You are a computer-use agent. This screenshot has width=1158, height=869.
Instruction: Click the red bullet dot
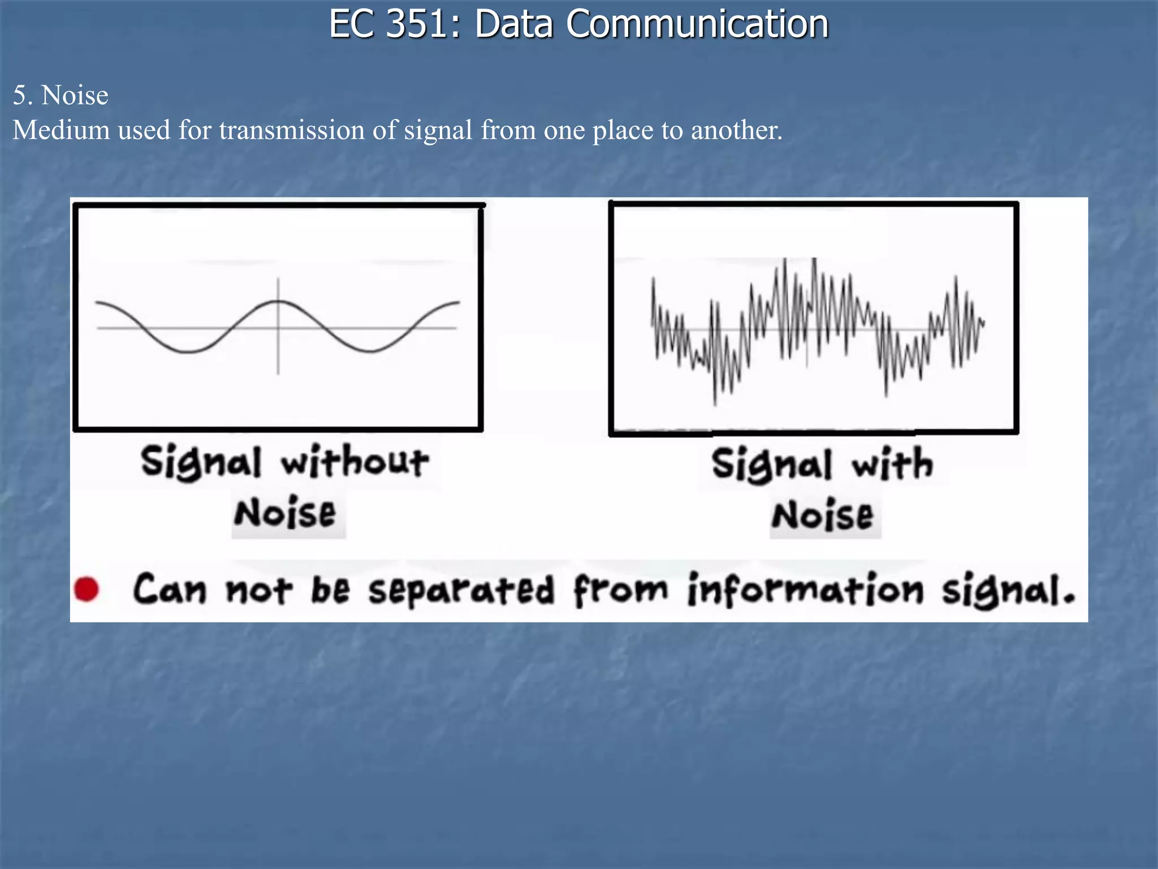87,589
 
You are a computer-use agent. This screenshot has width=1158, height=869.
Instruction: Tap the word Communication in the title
697,24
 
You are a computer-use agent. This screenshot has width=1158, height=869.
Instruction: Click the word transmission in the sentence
292,131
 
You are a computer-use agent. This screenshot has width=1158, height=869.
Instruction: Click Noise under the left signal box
285,513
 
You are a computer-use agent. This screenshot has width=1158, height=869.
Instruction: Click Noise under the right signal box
823,515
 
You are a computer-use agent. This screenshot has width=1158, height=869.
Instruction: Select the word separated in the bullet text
461,590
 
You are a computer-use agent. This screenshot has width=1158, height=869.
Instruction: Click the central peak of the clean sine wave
278,302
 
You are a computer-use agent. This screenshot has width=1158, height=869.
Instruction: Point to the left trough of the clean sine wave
189,352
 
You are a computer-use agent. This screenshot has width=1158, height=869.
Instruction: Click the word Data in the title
513,24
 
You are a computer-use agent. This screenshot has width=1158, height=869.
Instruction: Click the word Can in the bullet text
170,590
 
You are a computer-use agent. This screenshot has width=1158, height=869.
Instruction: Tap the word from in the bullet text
620,590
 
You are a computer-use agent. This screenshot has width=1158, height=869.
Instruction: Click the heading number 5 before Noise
20,96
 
